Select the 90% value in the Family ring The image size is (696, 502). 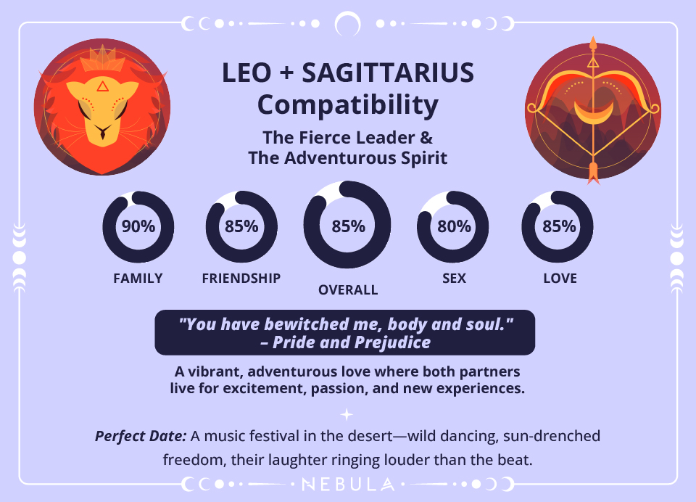coord(138,226)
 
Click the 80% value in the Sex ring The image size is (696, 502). coord(455,226)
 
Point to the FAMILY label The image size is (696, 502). coord(138,278)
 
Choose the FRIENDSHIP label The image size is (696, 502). coord(241,278)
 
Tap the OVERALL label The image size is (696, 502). coord(348,290)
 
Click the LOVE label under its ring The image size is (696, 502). coord(560,278)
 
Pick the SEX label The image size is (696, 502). coord(455,278)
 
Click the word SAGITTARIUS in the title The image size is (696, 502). coord(387,73)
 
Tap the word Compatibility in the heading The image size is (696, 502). coord(348,105)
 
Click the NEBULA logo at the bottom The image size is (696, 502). coord(348,484)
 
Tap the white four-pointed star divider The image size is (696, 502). coord(347,414)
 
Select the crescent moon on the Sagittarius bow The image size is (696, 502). coord(593,110)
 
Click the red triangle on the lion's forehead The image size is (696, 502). coord(102,86)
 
